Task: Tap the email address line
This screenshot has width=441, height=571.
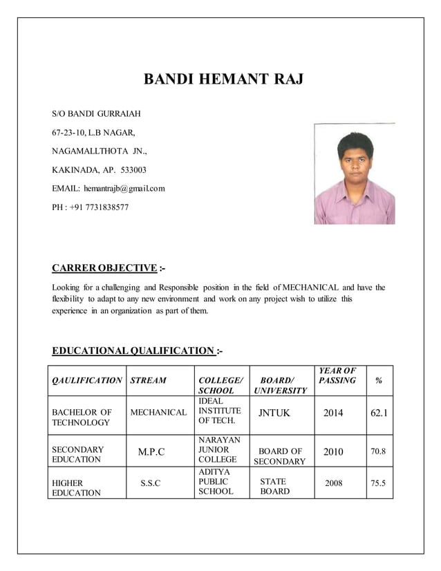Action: (x=109, y=188)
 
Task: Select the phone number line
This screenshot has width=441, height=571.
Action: (x=90, y=207)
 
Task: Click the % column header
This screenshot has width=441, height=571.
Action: (x=377, y=380)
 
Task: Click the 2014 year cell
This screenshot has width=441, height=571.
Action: (x=333, y=413)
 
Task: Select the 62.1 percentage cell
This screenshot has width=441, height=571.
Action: (x=379, y=413)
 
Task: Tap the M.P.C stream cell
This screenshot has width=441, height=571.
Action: (x=151, y=453)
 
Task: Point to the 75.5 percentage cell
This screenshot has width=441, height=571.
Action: (x=378, y=483)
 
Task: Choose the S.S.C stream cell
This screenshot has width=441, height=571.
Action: (x=151, y=484)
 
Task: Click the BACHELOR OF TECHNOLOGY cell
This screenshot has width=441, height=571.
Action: (x=82, y=418)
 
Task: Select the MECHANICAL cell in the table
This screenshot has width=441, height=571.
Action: (x=158, y=413)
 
